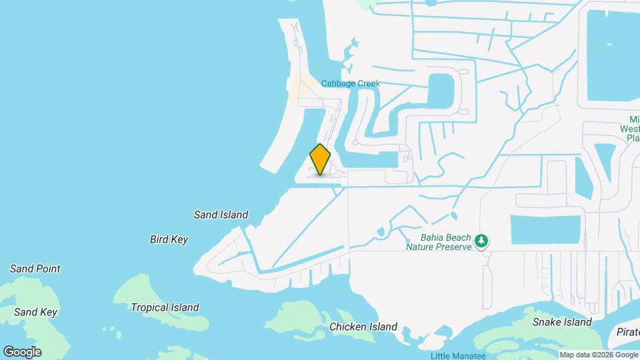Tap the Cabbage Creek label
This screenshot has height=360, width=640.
click(350, 83)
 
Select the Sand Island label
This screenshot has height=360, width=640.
click(221, 215)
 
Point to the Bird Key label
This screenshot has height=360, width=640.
click(169, 239)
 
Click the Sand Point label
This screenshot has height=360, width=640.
click(35, 269)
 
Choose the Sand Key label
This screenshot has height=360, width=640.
click(35, 312)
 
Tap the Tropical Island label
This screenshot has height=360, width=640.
click(165, 307)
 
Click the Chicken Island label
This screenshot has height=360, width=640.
click(363, 327)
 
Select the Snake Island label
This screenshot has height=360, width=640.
click(562, 322)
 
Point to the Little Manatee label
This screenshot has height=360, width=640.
click(459, 355)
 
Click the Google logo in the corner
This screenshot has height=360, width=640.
click(22, 351)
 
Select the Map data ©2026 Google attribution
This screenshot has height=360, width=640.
click(599, 355)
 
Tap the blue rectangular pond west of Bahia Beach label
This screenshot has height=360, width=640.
click(545, 229)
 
